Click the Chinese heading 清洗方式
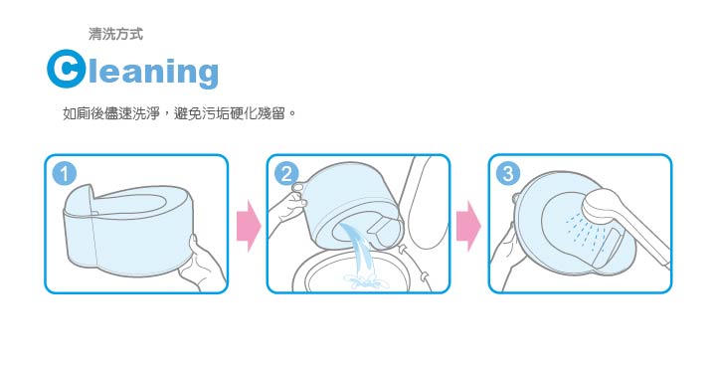tap(115, 34)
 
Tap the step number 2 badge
tap(287, 174)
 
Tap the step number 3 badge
tap(509, 174)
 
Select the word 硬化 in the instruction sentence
tap(242, 114)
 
